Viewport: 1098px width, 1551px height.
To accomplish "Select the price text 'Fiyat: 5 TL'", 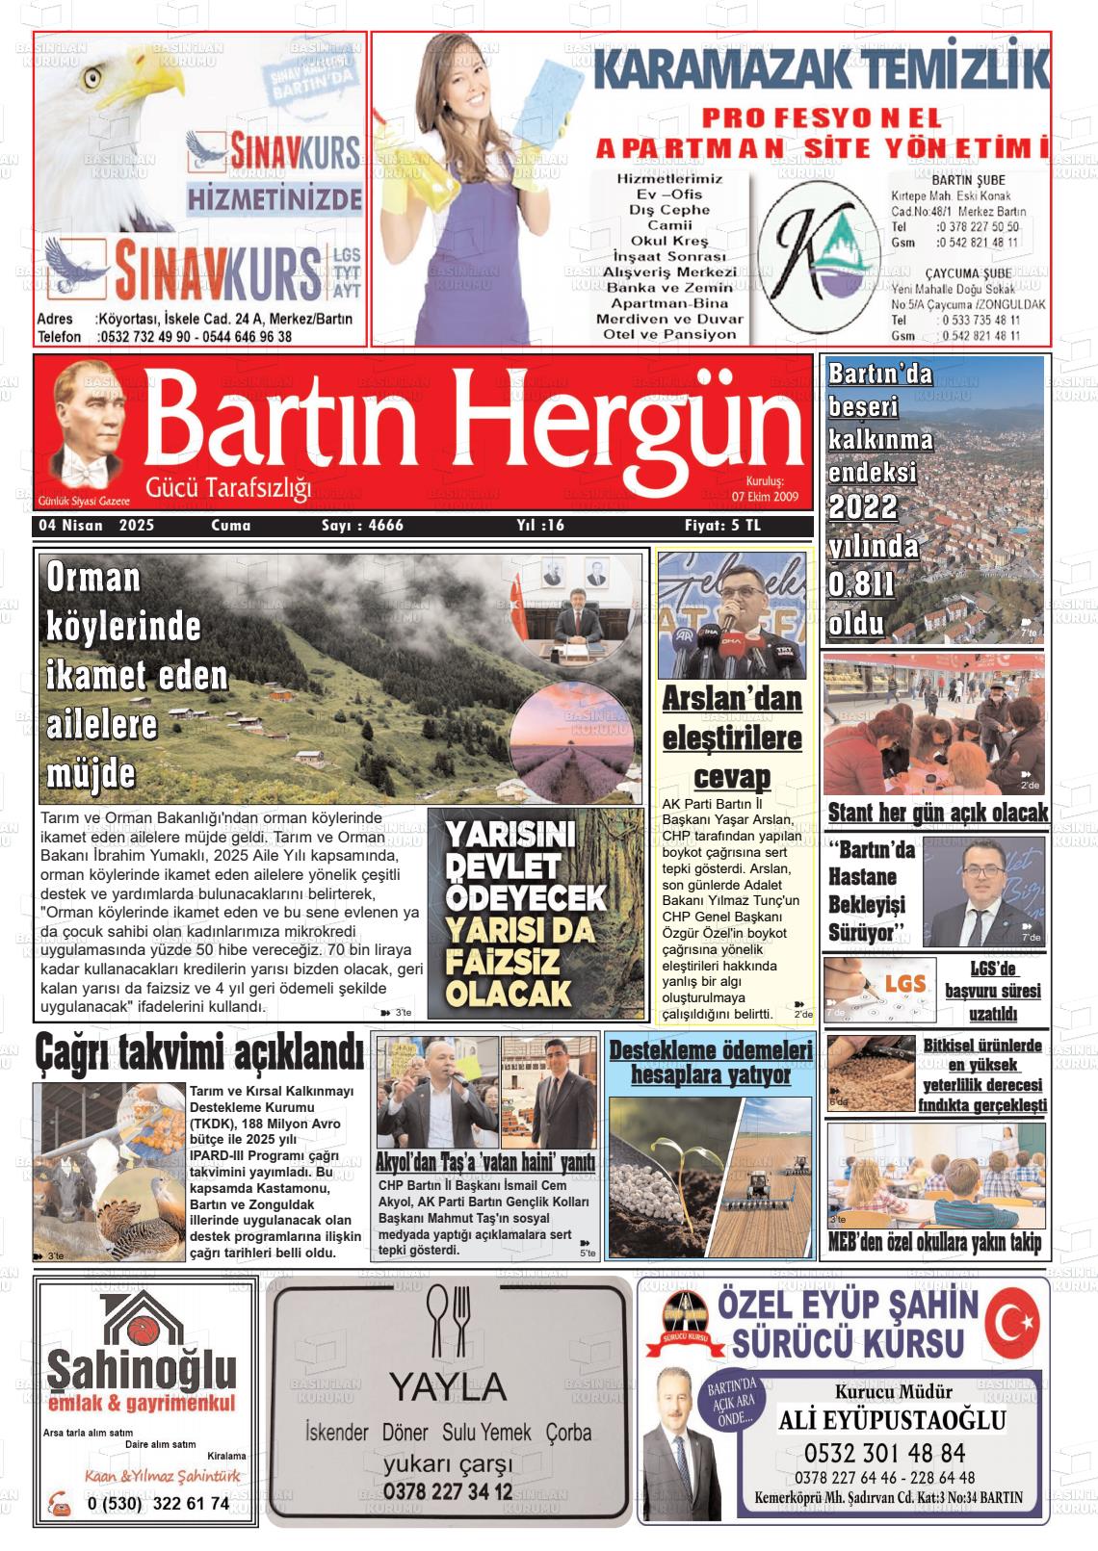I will tap(721, 526).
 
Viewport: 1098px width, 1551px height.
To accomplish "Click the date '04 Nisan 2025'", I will tap(96, 526).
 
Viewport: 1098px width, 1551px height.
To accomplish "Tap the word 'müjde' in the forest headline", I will tap(91, 774).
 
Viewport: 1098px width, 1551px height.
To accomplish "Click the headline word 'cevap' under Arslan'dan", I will tap(732, 777).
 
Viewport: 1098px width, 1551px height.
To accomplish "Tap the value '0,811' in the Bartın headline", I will tap(861, 584).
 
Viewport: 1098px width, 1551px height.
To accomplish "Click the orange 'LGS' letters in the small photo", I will tap(904, 984).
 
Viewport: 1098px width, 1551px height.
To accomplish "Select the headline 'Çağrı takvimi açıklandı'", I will tap(199, 1052).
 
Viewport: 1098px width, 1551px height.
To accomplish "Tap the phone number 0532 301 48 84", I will tap(884, 1452).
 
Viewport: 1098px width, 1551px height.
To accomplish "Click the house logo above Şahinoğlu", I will tap(142, 1323).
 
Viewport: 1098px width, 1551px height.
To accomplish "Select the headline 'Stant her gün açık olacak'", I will tap(937, 813).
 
